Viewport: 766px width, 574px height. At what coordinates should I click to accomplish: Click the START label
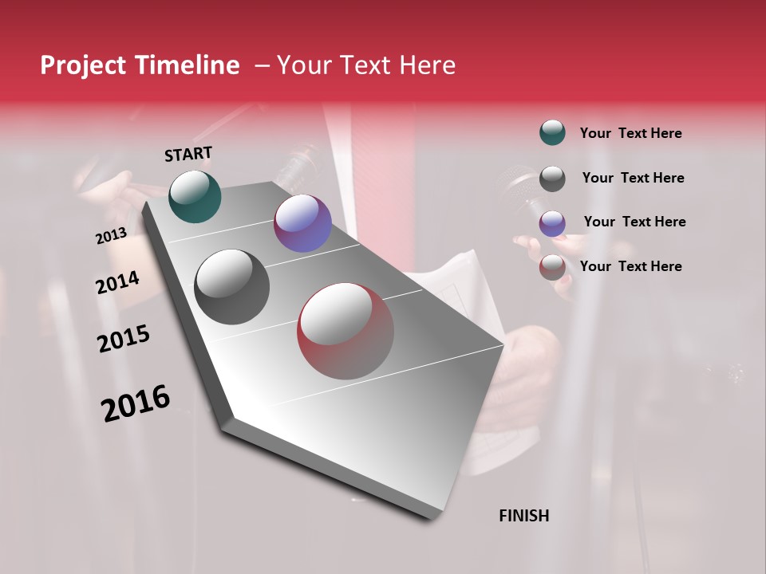point(188,154)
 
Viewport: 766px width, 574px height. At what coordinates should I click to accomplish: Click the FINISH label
point(523,516)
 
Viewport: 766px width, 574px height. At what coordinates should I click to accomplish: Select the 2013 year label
point(111,236)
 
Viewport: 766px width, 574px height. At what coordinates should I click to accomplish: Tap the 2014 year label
point(117,283)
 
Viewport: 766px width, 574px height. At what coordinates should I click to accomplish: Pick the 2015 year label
point(124,339)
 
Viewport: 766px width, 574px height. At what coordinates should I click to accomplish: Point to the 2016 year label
point(136,403)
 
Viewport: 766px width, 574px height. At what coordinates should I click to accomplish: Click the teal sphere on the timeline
point(195,196)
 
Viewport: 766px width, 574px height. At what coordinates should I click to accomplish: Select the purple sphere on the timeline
point(302,223)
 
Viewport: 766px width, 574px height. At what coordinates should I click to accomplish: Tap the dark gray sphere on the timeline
point(231,287)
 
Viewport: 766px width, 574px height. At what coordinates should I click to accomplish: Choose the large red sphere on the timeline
point(345,331)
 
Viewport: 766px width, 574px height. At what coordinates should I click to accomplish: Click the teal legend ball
point(552,133)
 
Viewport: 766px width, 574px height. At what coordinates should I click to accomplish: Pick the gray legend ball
point(552,179)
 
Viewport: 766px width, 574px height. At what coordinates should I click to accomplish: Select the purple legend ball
point(552,223)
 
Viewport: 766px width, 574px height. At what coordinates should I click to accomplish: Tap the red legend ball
point(552,267)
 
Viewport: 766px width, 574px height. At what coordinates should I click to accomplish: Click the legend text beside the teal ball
point(630,133)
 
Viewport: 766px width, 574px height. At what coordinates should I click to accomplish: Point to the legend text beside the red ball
point(630,266)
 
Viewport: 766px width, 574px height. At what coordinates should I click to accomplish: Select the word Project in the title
point(82,65)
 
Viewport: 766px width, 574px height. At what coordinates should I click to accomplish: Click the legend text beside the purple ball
point(634,222)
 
